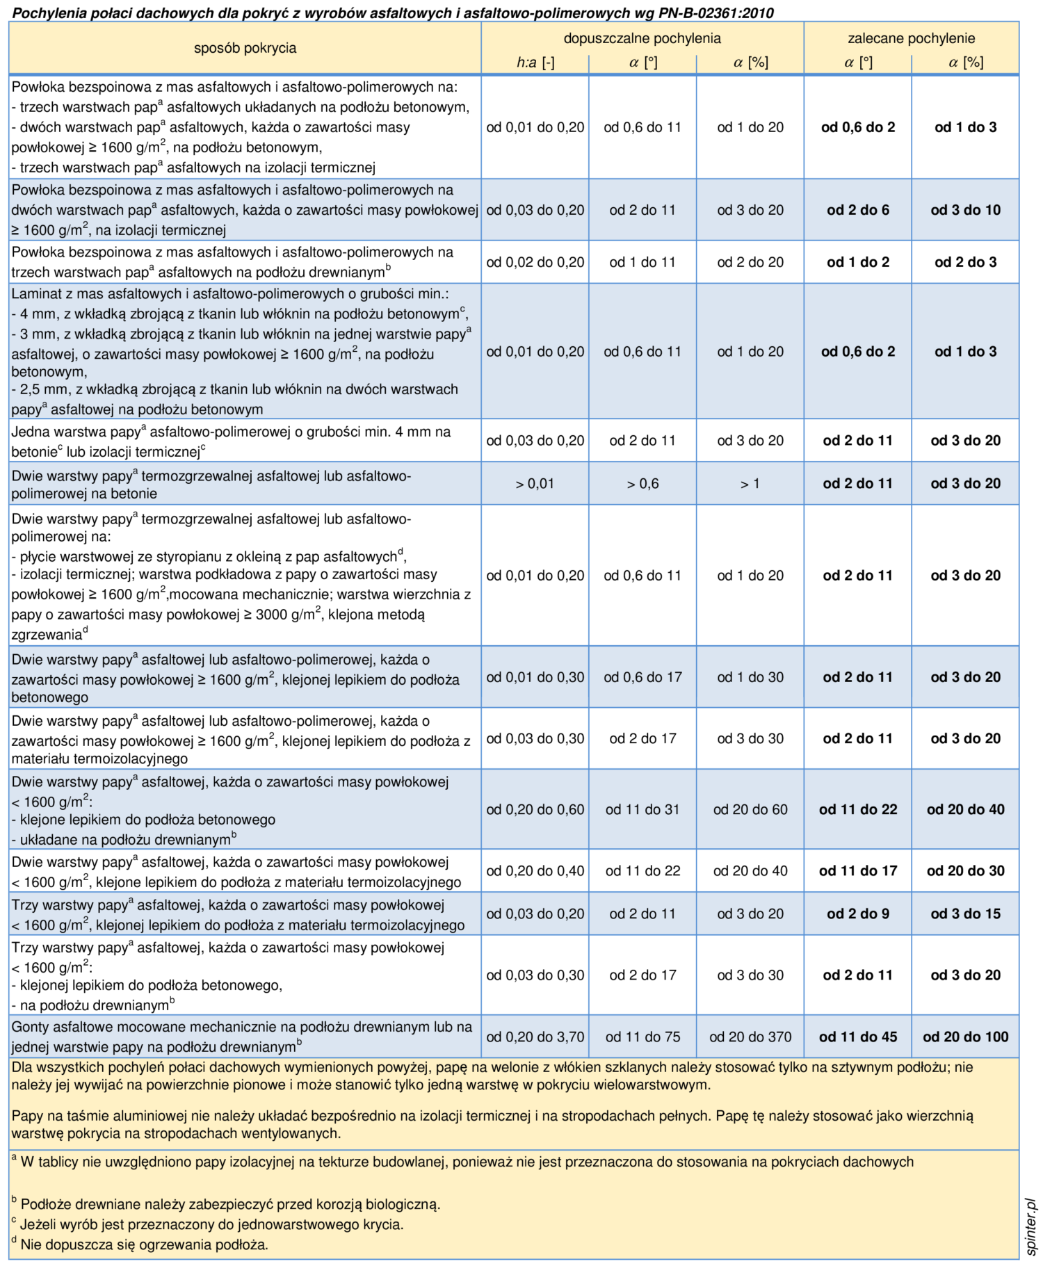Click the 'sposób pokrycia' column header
[x=245, y=48]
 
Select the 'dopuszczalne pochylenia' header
[x=642, y=38]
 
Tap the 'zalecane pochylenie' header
[x=911, y=38]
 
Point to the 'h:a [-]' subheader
[x=535, y=63]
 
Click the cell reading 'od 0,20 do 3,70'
[x=535, y=1037]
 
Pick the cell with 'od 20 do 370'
[x=750, y=1037]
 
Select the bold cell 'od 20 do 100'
[x=965, y=1037]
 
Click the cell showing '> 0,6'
[x=642, y=484]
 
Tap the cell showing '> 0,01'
[x=535, y=484]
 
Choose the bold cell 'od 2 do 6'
[x=857, y=210]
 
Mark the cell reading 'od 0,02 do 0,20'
[x=535, y=262]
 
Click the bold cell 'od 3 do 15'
[x=965, y=914]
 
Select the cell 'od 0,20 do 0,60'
[x=535, y=809]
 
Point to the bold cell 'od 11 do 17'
[x=857, y=870]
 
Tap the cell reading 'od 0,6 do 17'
[x=642, y=677]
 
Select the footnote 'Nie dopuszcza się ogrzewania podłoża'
[x=144, y=1244]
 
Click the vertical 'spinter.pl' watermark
[x=1031, y=1226]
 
